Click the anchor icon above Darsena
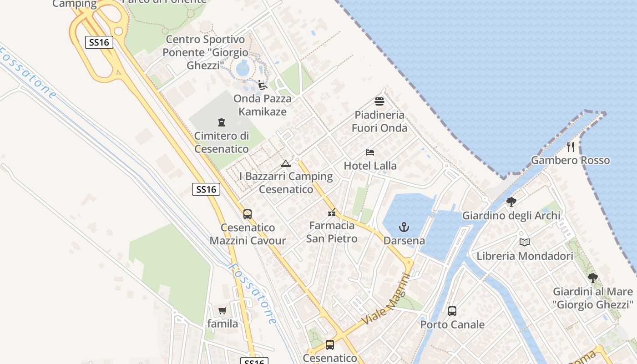point(404,227)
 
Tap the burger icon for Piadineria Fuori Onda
point(379,101)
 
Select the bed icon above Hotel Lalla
point(370,152)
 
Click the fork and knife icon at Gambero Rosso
point(571,147)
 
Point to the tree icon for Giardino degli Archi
point(511,202)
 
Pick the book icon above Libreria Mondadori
point(525,242)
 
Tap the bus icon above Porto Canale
point(452,311)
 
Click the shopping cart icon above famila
point(222,310)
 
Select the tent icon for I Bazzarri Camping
point(286,163)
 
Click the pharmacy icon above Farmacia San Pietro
point(332,212)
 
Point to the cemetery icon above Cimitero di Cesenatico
point(222,122)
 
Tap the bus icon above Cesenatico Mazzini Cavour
point(248,214)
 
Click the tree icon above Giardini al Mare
point(592,278)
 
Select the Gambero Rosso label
point(570,160)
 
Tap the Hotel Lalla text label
point(370,166)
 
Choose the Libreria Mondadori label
point(525,256)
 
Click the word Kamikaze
point(263,111)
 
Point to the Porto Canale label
point(452,324)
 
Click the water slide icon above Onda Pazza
point(262,85)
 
